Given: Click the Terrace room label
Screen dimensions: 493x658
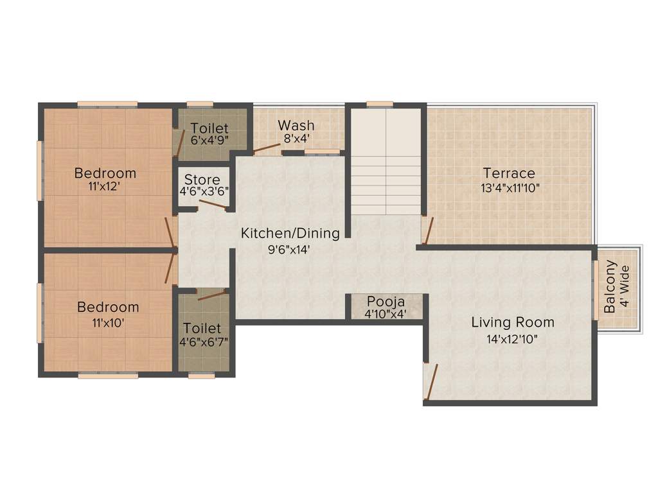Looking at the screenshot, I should point(509,173).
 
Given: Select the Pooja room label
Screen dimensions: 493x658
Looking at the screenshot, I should point(386,302).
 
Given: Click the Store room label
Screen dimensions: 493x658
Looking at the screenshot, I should point(202,180).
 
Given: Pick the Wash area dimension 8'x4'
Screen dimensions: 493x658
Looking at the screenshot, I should point(296,138).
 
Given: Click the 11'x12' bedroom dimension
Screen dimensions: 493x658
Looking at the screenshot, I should point(105,187).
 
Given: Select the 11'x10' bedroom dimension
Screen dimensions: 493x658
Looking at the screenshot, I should point(107,322).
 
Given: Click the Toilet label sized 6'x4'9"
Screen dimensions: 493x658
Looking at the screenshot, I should point(209,128).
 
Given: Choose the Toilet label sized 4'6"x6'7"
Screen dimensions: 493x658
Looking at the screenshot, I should point(202,329).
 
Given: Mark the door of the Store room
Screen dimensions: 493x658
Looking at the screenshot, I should point(212,205).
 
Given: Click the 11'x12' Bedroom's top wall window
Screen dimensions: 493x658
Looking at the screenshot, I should point(107,104).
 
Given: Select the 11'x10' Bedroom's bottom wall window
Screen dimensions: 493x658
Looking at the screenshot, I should point(108,376).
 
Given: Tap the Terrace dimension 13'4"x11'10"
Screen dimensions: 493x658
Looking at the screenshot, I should point(509,188).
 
